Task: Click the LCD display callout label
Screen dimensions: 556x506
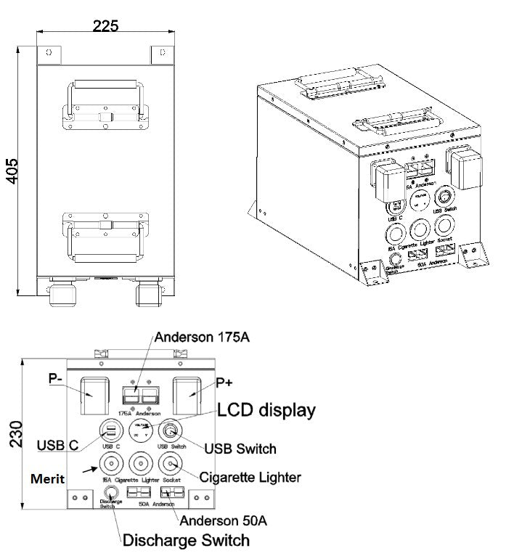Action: click(267, 409)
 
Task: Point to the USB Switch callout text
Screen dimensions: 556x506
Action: click(240, 449)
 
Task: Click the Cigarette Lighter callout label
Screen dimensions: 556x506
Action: click(250, 477)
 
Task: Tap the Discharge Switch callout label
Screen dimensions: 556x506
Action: click(186, 541)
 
